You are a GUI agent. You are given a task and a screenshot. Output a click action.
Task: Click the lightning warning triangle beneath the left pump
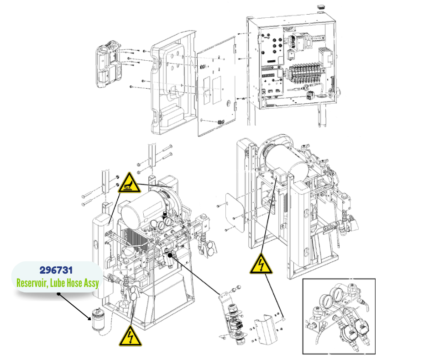(x=129, y=337)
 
